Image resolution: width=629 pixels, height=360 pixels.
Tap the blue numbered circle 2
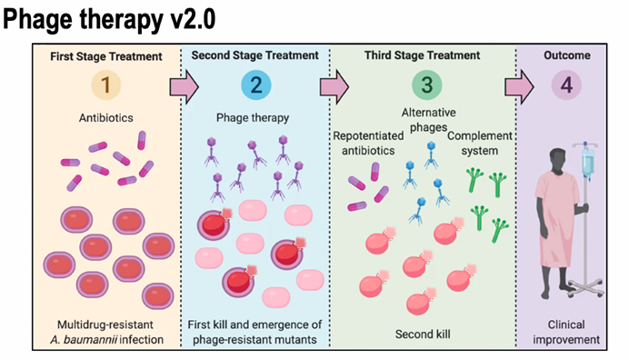point(255,87)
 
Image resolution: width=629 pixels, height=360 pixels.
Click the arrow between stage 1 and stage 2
point(184,87)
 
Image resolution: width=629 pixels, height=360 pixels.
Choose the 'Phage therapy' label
point(255,117)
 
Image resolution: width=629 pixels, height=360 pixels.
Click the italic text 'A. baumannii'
point(96,341)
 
